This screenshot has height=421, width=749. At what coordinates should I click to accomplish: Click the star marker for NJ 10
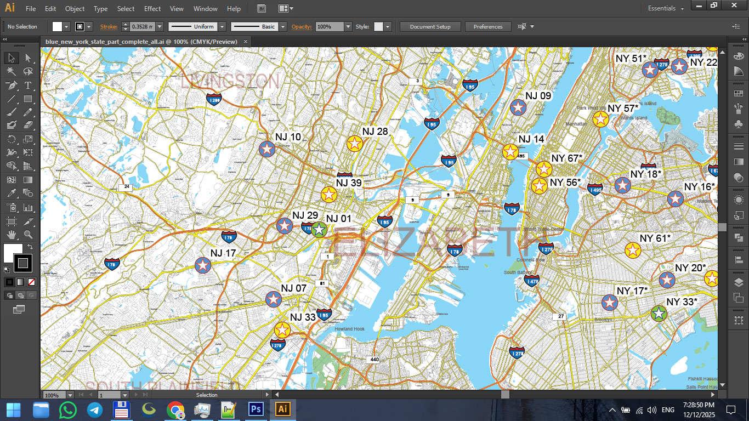(x=266, y=149)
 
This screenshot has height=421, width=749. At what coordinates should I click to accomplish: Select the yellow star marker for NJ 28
(x=355, y=144)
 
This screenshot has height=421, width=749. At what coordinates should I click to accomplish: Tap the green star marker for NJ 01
(x=319, y=230)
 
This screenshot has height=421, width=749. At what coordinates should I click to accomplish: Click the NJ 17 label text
(x=223, y=253)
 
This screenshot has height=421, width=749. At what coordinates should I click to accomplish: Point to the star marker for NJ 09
(x=518, y=107)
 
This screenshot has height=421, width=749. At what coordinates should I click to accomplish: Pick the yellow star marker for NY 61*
(x=633, y=251)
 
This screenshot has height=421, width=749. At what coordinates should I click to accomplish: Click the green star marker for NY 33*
(x=659, y=314)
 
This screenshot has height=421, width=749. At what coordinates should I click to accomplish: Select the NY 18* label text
(x=646, y=174)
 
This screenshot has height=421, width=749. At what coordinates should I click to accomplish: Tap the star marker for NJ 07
(x=273, y=299)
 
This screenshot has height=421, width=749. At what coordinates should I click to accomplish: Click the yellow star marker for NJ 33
(x=282, y=330)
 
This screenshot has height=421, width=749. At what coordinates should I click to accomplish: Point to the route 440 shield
(x=374, y=360)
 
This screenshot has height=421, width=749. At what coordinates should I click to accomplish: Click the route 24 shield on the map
(x=127, y=187)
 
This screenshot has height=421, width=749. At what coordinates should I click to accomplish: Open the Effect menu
(x=152, y=9)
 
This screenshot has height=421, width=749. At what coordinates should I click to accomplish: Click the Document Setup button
(x=430, y=26)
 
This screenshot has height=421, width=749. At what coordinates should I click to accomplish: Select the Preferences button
(x=487, y=26)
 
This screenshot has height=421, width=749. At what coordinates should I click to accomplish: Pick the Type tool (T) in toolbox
(x=28, y=86)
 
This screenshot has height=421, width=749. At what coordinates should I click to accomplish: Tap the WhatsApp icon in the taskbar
(x=68, y=409)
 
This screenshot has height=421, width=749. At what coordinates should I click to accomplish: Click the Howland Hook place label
(x=349, y=329)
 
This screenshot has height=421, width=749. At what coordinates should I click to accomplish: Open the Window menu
(x=206, y=9)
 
